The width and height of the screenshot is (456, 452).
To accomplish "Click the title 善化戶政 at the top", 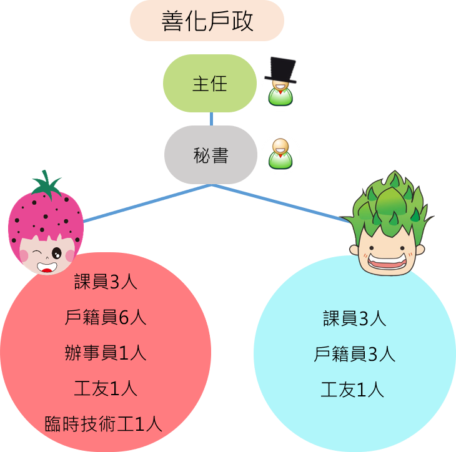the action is (x=207, y=21).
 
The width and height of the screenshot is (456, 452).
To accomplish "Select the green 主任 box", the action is (x=210, y=84).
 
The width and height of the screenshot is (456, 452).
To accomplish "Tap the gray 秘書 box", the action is (x=211, y=155).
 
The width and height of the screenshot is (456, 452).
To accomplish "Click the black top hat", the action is (x=280, y=70).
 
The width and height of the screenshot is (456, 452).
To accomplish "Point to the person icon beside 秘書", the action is (x=280, y=154).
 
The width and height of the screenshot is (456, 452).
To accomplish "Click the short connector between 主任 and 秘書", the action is (x=211, y=119).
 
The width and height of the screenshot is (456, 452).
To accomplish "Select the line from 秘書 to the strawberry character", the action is (x=147, y=203).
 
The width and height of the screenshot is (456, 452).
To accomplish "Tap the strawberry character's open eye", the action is (x=57, y=253).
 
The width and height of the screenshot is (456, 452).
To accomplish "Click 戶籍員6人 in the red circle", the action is (x=106, y=317).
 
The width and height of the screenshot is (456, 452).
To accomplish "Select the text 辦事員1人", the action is (x=106, y=353).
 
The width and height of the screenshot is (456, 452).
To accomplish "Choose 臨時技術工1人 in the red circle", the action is (x=103, y=424).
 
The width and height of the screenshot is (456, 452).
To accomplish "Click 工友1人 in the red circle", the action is (x=106, y=388).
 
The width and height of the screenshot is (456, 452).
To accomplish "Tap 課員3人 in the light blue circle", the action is (x=355, y=318).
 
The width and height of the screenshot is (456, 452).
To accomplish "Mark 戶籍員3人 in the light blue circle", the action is (x=355, y=354).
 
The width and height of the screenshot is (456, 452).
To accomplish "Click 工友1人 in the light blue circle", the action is (x=352, y=390).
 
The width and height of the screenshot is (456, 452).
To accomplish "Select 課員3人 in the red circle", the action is (x=106, y=282).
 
